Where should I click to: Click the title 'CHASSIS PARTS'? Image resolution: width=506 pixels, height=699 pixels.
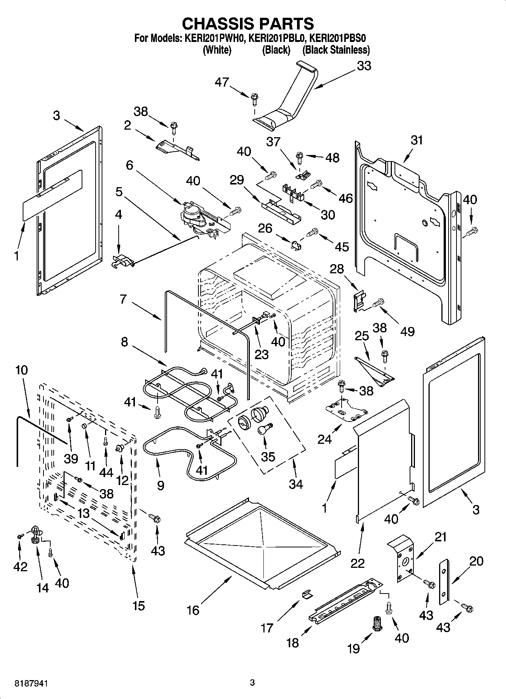248,23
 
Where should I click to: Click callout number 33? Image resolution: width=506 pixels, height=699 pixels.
364,66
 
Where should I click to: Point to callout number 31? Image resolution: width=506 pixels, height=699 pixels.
416,140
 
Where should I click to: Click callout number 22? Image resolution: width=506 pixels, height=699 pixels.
357,563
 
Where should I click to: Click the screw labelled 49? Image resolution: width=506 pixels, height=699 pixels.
378,302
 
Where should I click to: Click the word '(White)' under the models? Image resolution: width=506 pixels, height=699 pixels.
217,50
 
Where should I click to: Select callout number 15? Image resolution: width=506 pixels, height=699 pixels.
139,606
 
